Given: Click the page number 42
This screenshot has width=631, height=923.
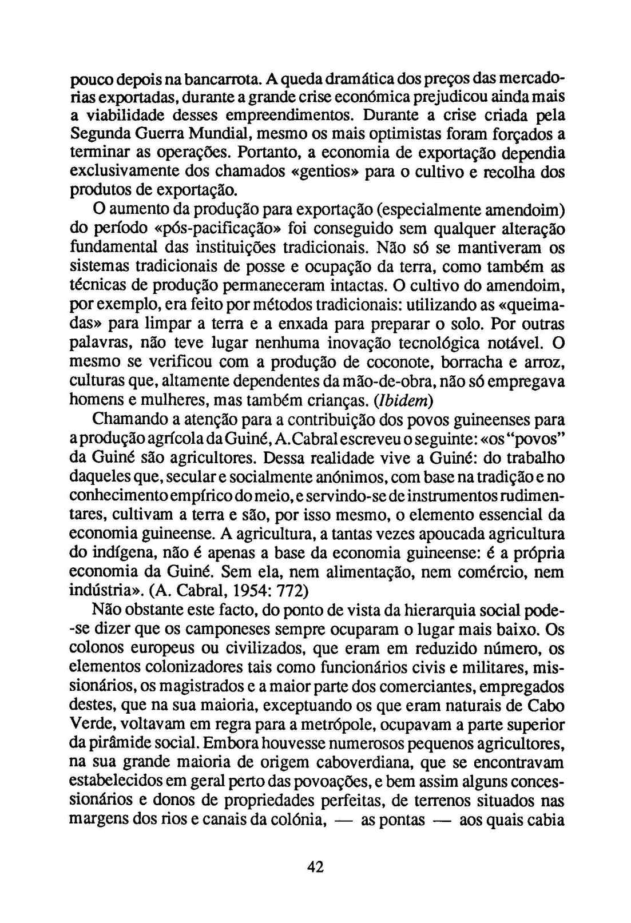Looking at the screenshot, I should click(x=315, y=866).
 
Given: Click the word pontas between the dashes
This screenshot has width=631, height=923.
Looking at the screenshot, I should click(x=402, y=821).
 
